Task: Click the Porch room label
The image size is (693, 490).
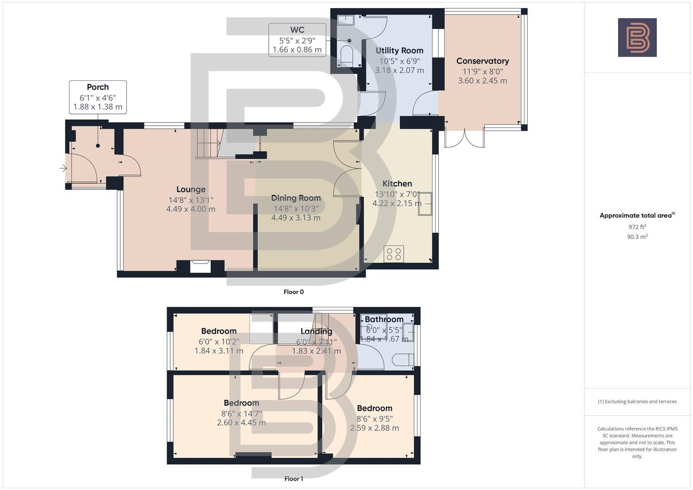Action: (x=98, y=87)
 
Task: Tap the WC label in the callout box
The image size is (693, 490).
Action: (x=297, y=30)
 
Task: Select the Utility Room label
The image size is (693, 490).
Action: (x=399, y=50)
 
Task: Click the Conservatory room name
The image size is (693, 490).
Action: (x=482, y=61)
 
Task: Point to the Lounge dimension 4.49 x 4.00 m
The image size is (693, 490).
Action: (x=191, y=209)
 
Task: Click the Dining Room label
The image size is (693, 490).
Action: (x=296, y=198)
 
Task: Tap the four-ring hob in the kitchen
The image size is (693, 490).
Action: (x=393, y=254)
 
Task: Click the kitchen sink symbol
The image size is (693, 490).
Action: (x=425, y=203)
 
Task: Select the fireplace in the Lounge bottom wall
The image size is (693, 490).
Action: (x=200, y=266)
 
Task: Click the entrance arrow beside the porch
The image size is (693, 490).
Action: (x=63, y=169)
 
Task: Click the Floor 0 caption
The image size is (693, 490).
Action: (x=294, y=292)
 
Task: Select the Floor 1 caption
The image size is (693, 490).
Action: (x=294, y=479)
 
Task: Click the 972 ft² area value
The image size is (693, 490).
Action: (x=637, y=227)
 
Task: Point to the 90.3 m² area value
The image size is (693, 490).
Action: (x=637, y=236)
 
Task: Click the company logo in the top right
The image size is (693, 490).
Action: (x=637, y=37)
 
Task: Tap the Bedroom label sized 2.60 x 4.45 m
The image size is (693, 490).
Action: (x=241, y=403)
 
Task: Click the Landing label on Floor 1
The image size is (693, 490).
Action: (x=316, y=331)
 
